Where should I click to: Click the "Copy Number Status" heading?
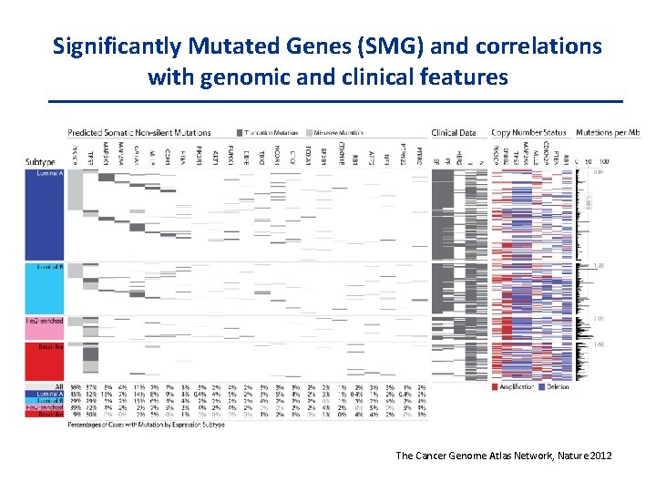[528, 133]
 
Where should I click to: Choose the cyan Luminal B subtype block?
[43, 290]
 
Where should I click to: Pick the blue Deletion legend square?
[543, 386]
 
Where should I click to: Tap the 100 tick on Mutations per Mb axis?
[628, 160]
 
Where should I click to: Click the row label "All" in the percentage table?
[58, 387]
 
